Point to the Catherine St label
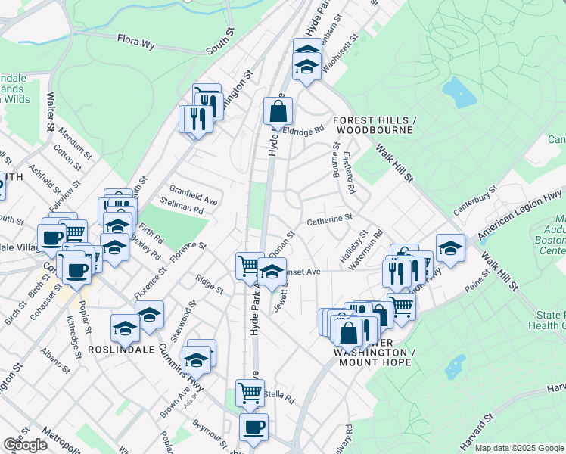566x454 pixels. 330,220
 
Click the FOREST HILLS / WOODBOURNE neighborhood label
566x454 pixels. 375,126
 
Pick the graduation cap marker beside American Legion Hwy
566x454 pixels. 449,248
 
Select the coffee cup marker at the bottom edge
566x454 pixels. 253,427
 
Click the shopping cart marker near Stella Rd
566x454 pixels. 250,393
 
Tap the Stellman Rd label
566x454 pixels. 182,204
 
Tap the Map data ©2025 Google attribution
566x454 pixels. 519,447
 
